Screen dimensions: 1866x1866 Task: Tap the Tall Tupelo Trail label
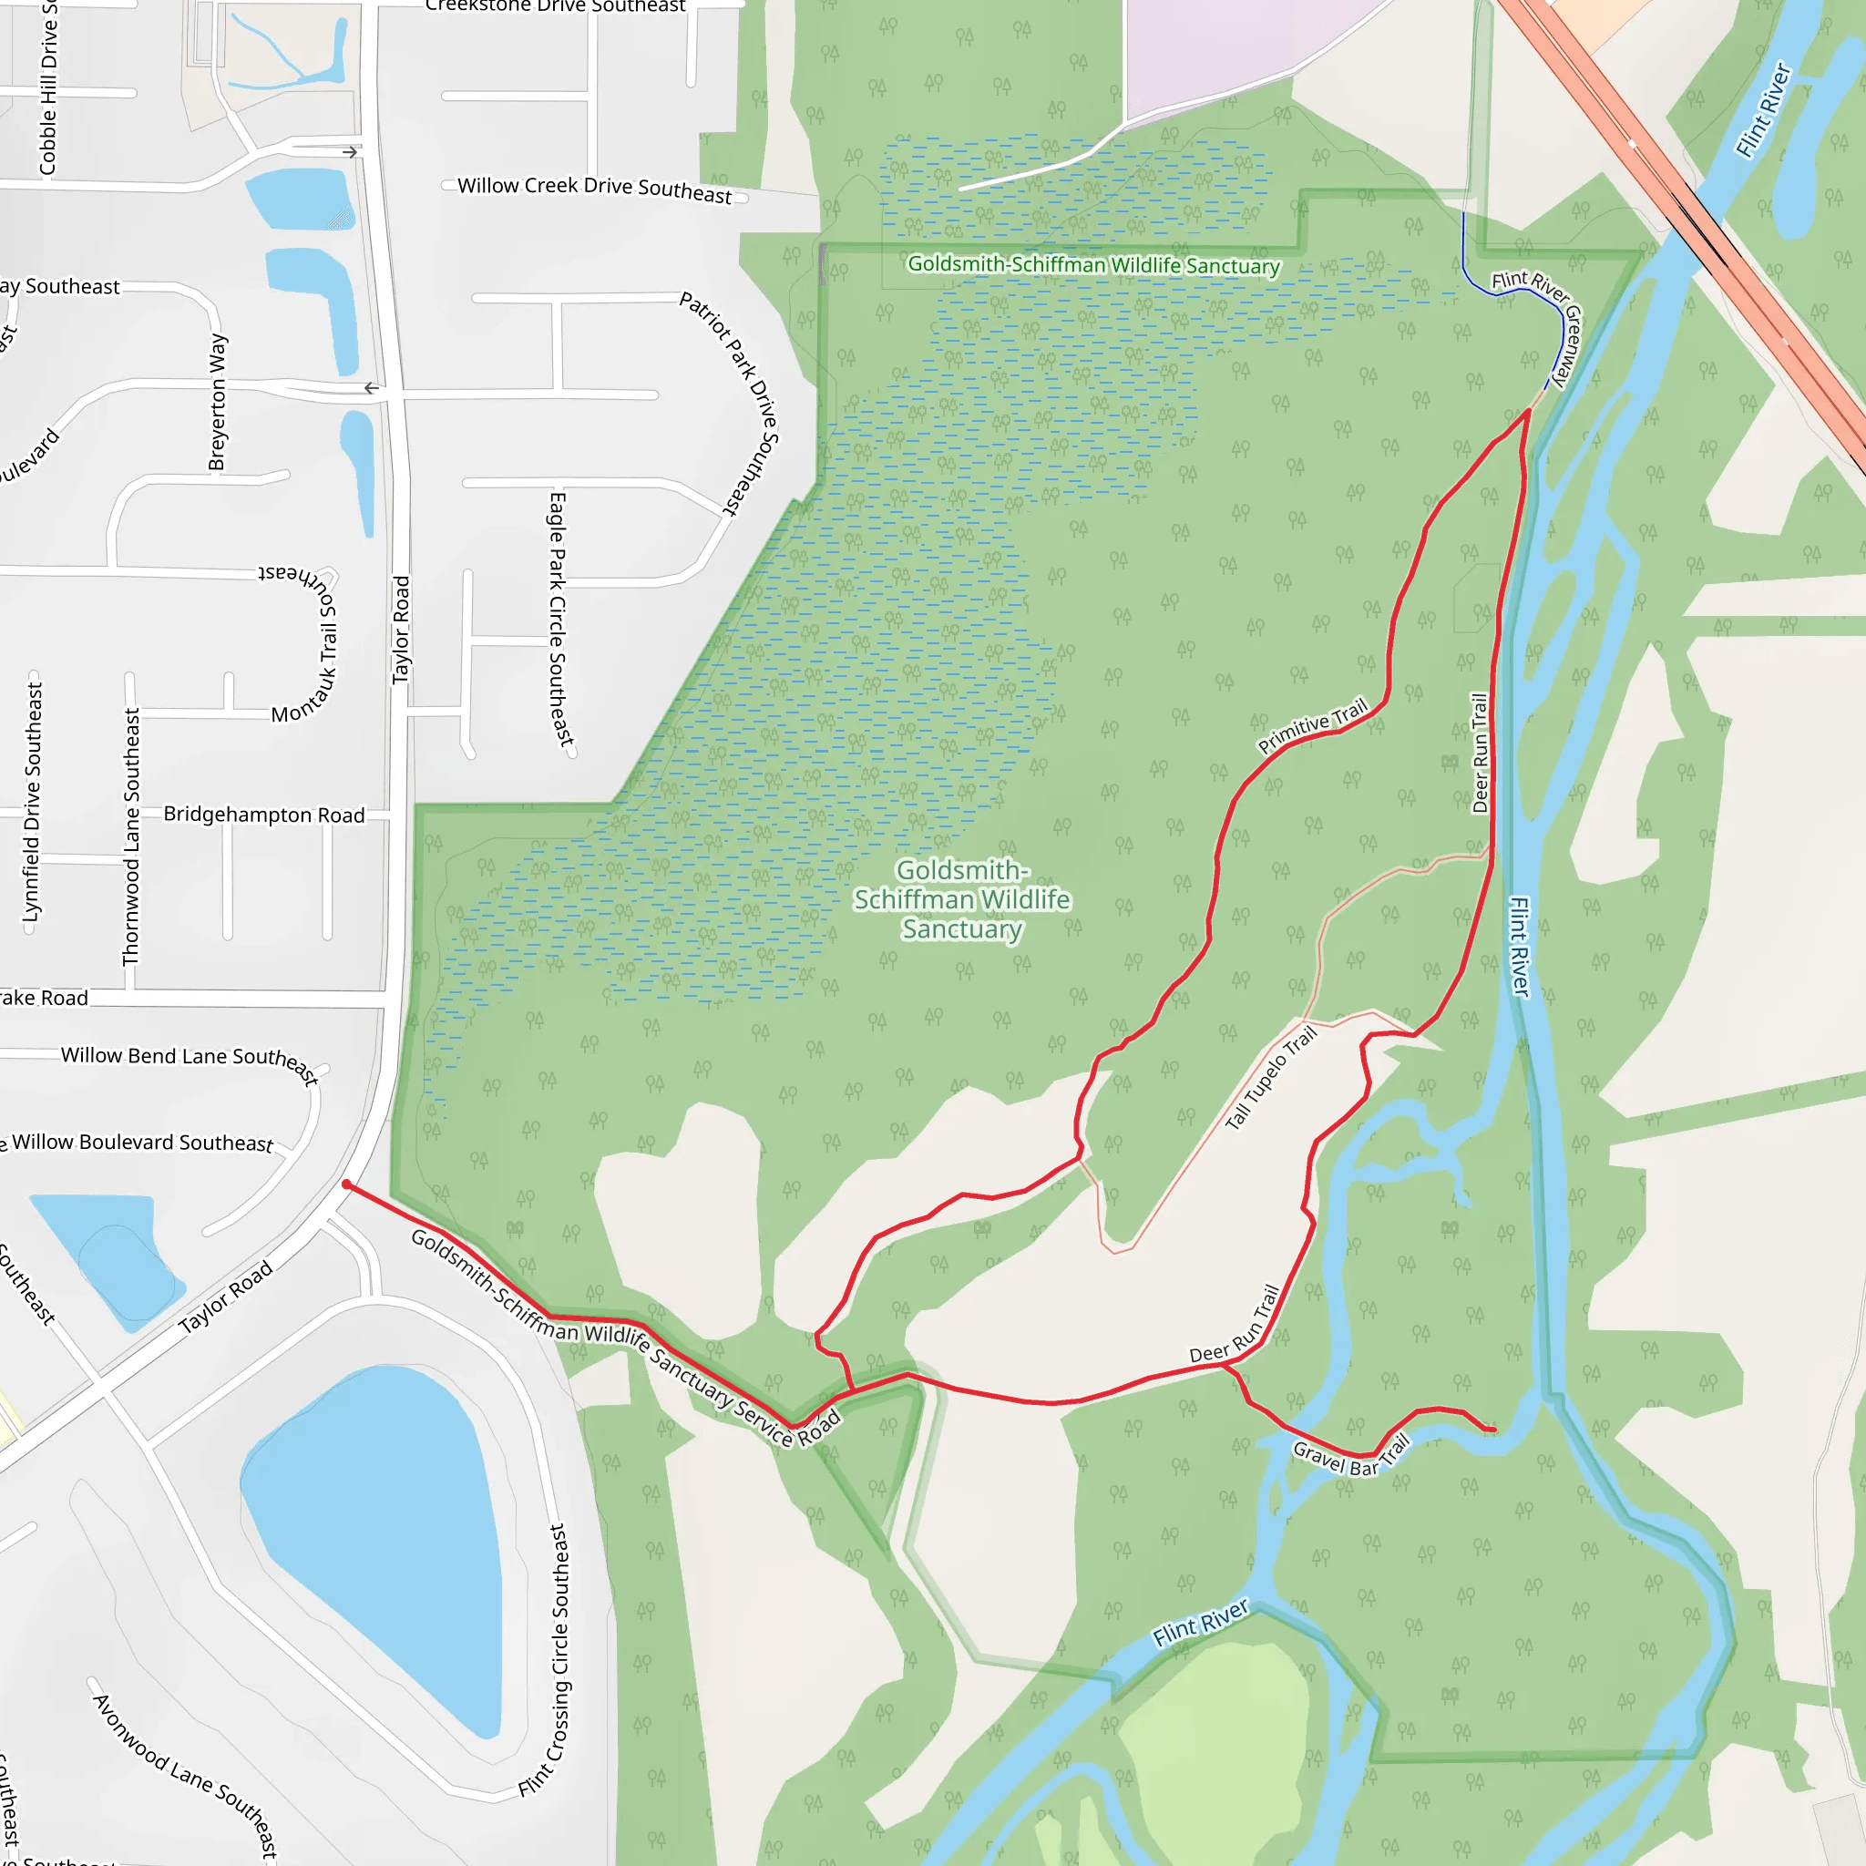1270,1078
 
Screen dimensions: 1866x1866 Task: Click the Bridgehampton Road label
263,815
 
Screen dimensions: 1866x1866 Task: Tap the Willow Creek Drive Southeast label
594,189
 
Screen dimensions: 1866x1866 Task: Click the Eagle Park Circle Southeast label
559,618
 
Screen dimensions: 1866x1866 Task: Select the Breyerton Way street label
218,402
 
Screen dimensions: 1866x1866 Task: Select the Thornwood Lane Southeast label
131,836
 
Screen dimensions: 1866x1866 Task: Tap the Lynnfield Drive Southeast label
33,802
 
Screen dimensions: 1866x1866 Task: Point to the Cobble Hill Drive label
47,87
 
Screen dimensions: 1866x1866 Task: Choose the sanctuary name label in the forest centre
962,899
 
